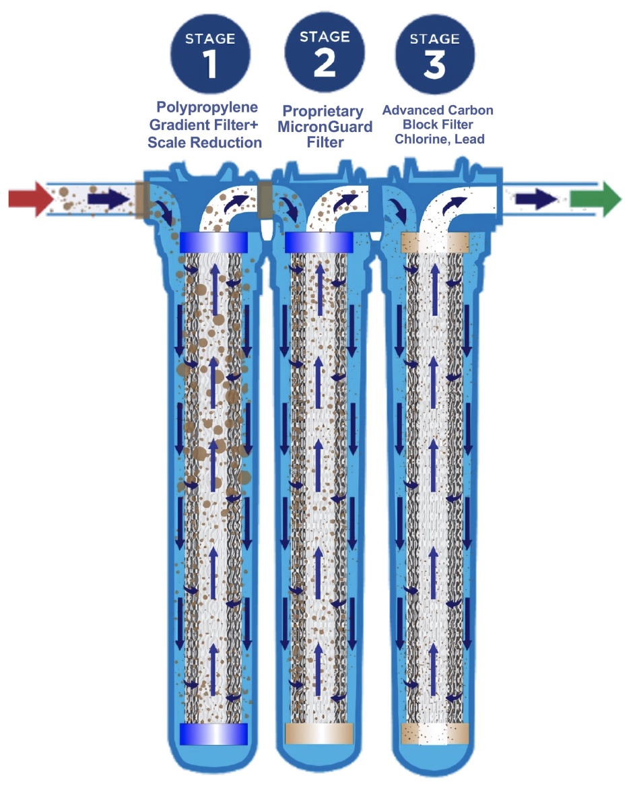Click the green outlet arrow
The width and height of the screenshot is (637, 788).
(x=595, y=199)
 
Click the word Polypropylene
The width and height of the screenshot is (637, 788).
(x=208, y=108)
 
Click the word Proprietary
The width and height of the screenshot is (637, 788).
(x=323, y=111)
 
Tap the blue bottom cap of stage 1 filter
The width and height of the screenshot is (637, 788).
(x=214, y=733)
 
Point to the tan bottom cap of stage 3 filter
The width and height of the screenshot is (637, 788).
(x=435, y=733)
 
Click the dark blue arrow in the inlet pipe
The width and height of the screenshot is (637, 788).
(x=108, y=199)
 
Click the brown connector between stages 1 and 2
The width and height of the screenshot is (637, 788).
(x=265, y=199)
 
